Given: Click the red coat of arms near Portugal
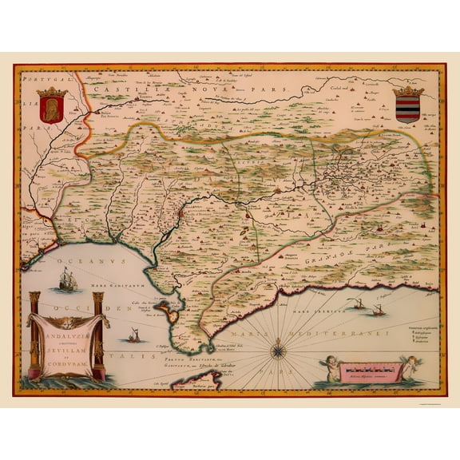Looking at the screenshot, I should coord(50,105).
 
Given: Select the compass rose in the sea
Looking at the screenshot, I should coord(277,348).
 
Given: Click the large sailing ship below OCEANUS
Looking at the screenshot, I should coord(67,280).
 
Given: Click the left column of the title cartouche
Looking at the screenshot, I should coord(34,335).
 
